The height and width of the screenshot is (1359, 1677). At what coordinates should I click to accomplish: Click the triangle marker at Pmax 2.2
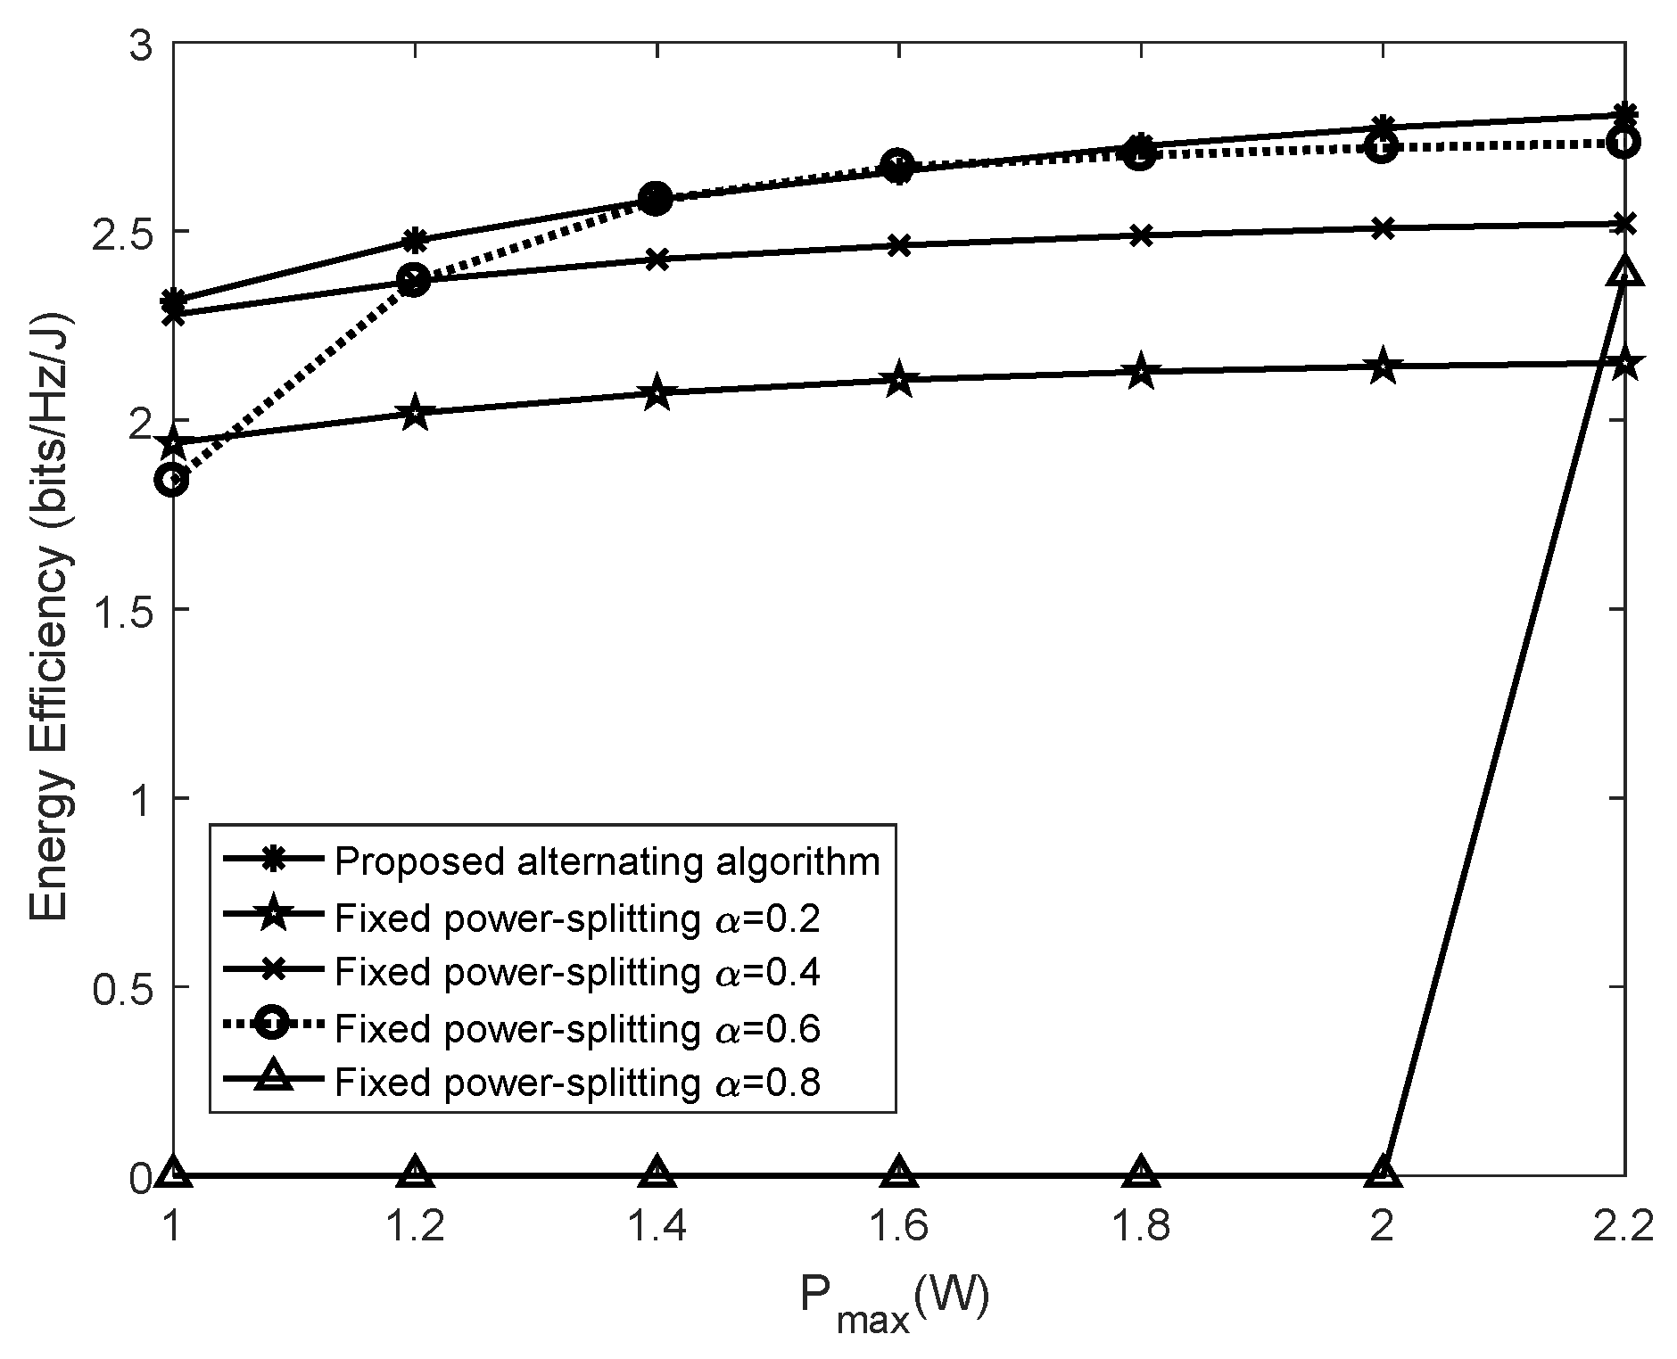[x=1624, y=271]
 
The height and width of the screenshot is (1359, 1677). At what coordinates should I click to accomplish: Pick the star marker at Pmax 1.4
[x=657, y=391]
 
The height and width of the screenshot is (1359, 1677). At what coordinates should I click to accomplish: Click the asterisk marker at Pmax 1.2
[x=415, y=240]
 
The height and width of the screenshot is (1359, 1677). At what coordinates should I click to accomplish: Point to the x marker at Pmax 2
[x=1383, y=228]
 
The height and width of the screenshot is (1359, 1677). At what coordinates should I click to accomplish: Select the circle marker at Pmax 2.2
[x=1624, y=142]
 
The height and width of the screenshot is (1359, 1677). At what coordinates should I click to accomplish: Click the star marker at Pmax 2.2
[x=1624, y=363]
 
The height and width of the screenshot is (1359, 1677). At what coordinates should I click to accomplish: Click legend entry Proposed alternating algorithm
[x=607, y=861]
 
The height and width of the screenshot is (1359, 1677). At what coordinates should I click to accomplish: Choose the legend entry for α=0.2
[x=576, y=918]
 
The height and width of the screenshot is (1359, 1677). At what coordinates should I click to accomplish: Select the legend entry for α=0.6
[x=576, y=1028]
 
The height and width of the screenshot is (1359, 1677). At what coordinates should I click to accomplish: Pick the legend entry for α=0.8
[x=576, y=1083]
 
